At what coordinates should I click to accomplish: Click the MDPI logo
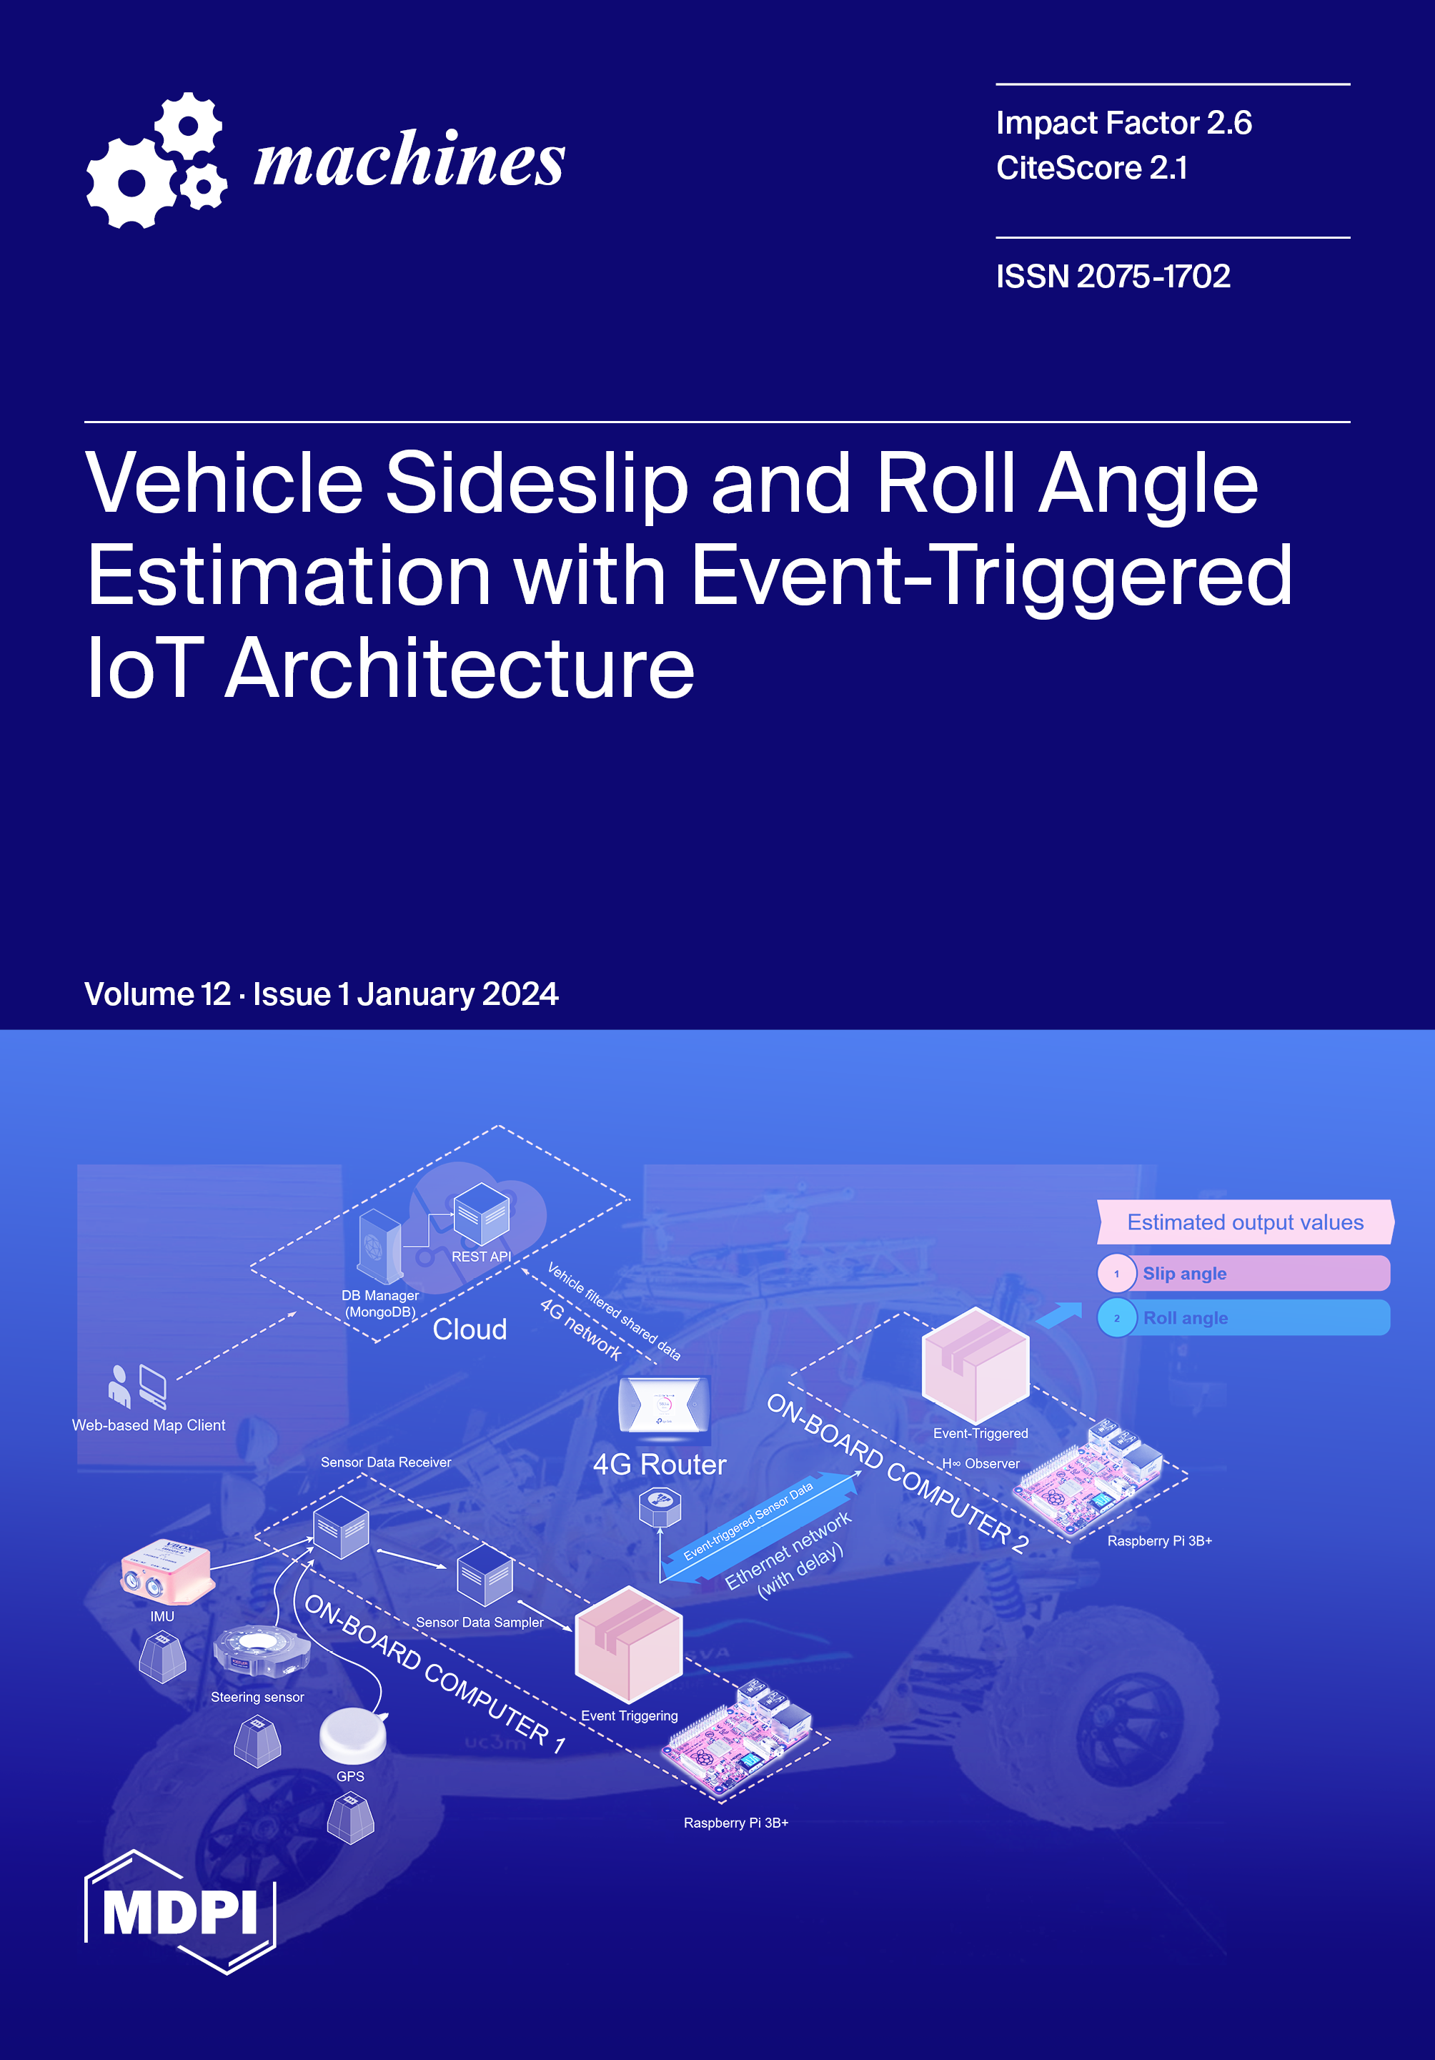click(x=180, y=1912)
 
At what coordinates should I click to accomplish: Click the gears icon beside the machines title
click(x=156, y=161)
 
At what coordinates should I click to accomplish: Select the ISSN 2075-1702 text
click(x=1112, y=277)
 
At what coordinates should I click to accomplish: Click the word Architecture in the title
click(x=460, y=668)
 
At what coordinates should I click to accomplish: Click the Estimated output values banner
click(x=1244, y=1222)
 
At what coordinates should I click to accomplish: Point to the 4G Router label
click(x=659, y=1465)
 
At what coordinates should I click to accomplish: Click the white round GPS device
click(x=352, y=1735)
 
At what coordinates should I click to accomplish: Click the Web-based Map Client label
click(x=148, y=1425)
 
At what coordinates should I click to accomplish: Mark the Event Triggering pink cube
click(x=627, y=1644)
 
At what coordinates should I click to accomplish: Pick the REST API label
click(x=481, y=1256)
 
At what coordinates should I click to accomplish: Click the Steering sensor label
click(x=257, y=1697)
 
